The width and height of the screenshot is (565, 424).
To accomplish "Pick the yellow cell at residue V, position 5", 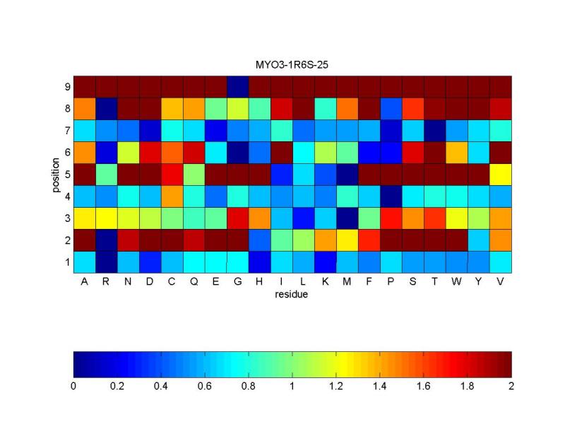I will point(500,174).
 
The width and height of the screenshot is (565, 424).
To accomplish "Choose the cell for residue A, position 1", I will point(84,261).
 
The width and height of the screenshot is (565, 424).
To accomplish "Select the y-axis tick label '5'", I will point(66,174).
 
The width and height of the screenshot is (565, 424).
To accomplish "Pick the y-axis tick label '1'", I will point(66,261).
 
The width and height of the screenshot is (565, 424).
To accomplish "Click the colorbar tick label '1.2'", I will point(336,387).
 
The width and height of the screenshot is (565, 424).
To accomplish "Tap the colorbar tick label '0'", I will point(73,387).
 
